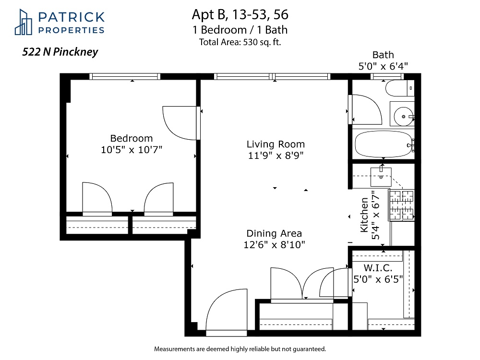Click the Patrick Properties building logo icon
tap(23, 22)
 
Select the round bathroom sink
tap(404, 117)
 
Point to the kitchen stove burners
tap(401, 205)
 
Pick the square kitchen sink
tap(381, 177)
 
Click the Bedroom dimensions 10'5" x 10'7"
tap(132, 150)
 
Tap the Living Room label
tap(276, 144)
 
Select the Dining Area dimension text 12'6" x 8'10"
tap(274, 245)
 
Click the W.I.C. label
tap(378, 268)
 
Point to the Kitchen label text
tap(364, 215)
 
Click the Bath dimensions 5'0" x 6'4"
tap(383, 66)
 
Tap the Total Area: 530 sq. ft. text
tap(240, 42)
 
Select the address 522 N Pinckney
tap(60, 52)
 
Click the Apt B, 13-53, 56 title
tap(240, 15)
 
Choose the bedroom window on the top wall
tap(125, 76)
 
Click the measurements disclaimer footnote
tap(240, 349)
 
